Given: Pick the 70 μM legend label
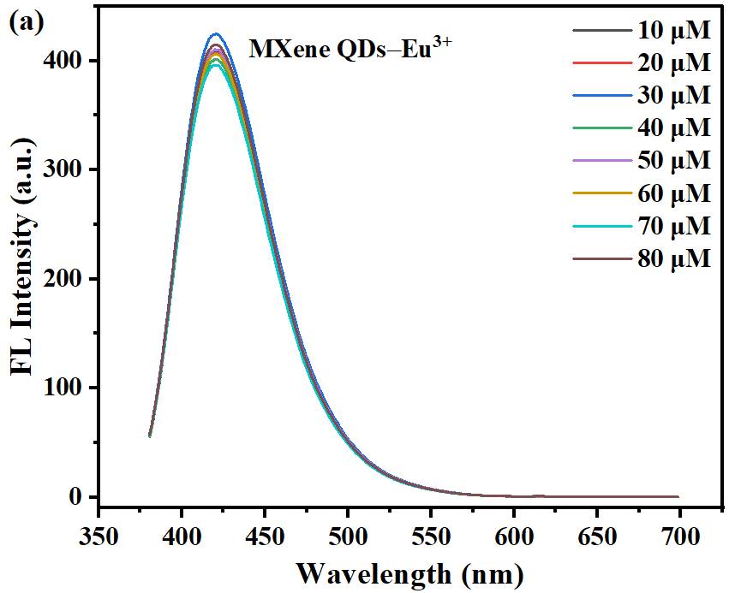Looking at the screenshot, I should (x=673, y=226).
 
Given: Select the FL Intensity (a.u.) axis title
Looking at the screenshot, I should (x=24, y=257).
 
